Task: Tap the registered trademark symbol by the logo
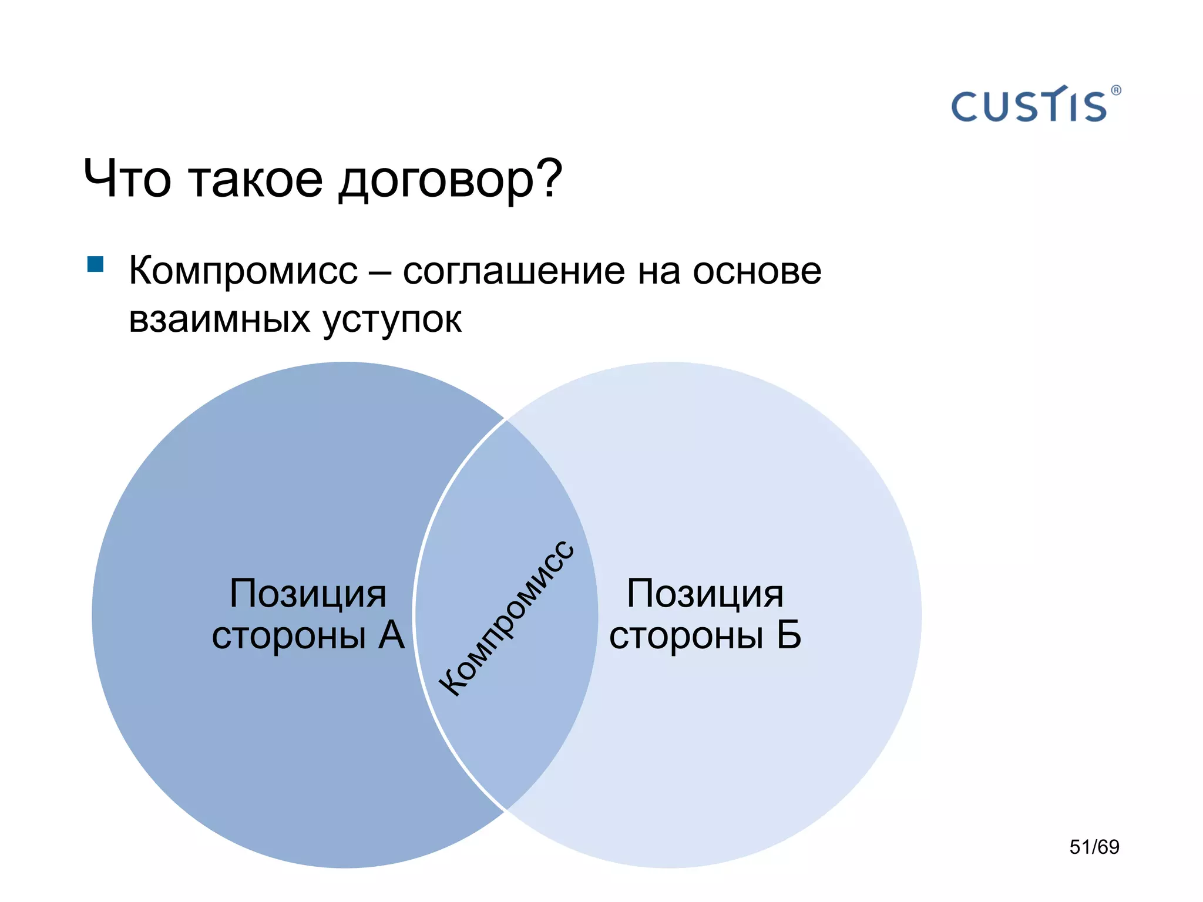pos(1116,90)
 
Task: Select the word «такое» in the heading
pos(256,179)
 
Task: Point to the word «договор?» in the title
pos(450,180)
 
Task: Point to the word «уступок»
pos(392,320)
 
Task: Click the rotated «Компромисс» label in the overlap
pos(506,618)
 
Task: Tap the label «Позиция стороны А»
pos(308,614)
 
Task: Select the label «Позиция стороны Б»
pos(705,614)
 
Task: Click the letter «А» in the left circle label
pos(391,635)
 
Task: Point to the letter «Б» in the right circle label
pos(788,635)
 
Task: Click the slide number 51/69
pos(1094,847)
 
